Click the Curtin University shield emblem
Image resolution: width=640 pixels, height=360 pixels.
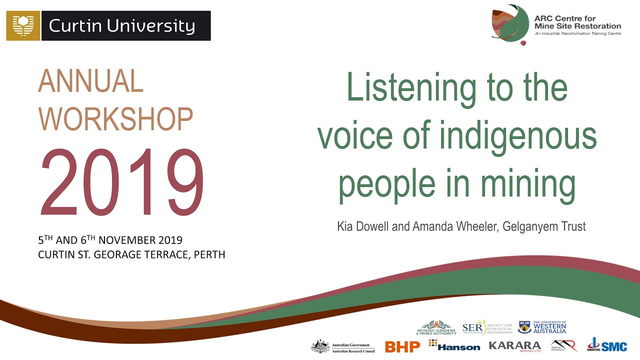(x=23, y=26)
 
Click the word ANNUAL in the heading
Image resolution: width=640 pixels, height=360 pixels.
(x=90, y=81)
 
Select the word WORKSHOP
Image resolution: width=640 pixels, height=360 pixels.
(x=115, y=119)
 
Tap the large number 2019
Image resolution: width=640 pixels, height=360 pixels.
(x=122, y=183)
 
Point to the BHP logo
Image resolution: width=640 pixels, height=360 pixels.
(x=402, y=346)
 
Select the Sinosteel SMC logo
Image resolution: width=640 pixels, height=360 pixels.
(x=607, y=345)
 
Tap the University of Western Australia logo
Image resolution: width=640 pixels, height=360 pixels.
(x=542, y=327)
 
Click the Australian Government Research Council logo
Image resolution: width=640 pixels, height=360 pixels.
(x=342, y=346)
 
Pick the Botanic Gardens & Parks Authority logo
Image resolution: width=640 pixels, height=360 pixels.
(x=436, y=327)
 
